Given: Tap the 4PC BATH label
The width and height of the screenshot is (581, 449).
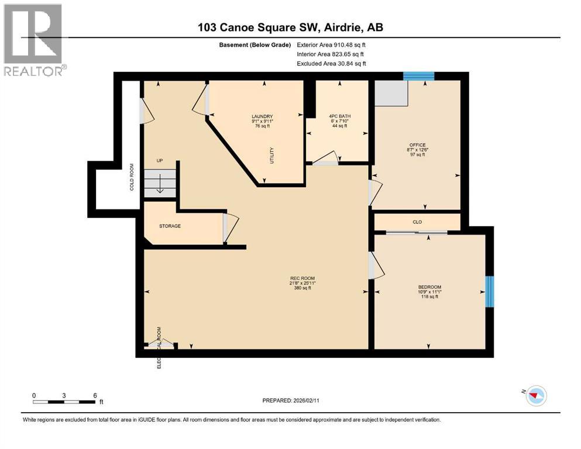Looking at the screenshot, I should coord(341,116).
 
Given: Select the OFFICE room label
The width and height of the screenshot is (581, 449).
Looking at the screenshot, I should coord(417,145).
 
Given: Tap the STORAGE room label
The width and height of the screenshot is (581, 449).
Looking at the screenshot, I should coord(170,226).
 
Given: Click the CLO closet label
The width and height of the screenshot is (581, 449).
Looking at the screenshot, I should coord(417,222).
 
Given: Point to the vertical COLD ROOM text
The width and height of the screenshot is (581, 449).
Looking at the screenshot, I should coord(132,177).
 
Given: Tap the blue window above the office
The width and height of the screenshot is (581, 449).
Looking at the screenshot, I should coord(419,76).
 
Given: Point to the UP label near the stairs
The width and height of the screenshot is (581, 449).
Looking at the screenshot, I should coord(159,160).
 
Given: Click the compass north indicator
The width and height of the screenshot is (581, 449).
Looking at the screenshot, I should coord(533,395).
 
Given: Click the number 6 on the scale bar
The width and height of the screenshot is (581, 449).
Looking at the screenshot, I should coord(95,395).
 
